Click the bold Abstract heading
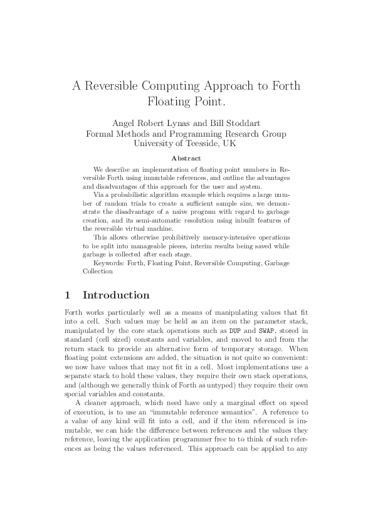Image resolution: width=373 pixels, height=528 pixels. coord(186,159)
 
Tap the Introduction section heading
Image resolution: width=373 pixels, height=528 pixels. coord(116,295)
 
